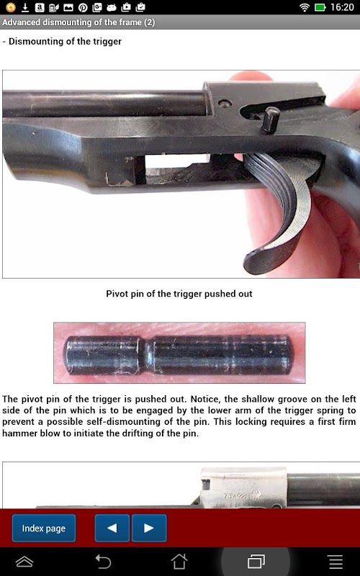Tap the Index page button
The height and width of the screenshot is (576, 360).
(44, 528)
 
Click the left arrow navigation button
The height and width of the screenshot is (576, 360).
(112, 528)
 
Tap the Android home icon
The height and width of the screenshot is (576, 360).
(179, 562)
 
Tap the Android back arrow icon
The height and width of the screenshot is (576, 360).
(103, 562)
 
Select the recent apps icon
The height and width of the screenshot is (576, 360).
(256, 562)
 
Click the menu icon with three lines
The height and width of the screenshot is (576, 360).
(336, 562)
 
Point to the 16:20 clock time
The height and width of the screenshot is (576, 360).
(342, 7)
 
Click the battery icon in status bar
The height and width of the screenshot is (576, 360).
(320, 7)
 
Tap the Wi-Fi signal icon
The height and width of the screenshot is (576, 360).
(304, 7)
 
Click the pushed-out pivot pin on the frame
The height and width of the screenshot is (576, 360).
(271, 119)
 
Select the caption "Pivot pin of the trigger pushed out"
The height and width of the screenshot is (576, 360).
(179, 294)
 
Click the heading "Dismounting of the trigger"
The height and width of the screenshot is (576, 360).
(65, 41)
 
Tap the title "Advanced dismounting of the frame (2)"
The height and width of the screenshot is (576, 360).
(78, 22)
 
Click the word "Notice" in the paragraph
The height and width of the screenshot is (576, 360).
(203, 399)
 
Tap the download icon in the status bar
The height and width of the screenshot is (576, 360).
(25, 7)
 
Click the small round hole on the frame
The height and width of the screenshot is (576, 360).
(225, 103)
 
